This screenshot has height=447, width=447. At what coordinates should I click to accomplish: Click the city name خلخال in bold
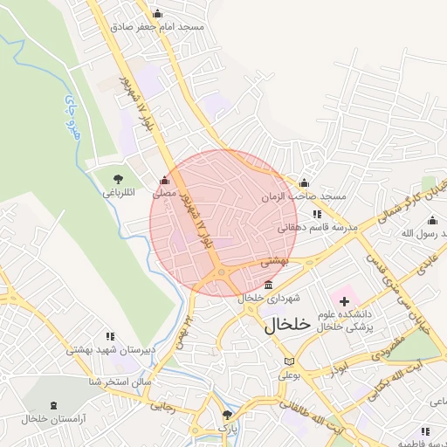[x=287, y=325]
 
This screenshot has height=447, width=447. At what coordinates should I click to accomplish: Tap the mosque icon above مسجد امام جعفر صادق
[x=157, y=13]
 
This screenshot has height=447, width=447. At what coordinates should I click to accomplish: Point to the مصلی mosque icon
[x=164, y=181]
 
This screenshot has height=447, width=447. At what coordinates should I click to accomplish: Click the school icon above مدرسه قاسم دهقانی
[x=317, y=214]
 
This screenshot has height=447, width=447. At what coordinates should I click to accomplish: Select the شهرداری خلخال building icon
[x=268, y=285]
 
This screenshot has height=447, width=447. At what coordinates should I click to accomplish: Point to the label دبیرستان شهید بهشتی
[x=111, y=350]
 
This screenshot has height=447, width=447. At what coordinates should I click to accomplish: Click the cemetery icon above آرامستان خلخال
[x=56, y=406]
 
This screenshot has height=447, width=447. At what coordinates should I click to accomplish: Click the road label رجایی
[x=162, y=405]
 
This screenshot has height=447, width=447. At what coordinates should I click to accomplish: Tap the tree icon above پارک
[x=227, y=415]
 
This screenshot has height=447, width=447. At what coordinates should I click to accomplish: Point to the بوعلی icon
[x=289, y=361]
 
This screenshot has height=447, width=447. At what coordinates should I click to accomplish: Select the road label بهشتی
[x=275, y=260]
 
